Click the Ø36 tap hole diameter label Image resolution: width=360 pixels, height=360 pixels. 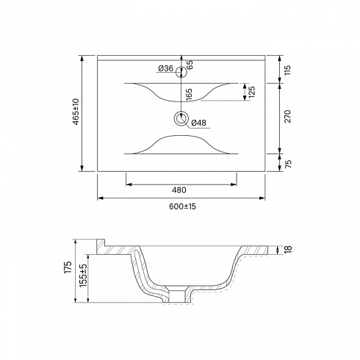point(166,68)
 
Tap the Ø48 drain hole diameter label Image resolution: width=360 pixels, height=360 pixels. point(198,123)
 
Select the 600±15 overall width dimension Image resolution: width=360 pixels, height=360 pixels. point(182,206)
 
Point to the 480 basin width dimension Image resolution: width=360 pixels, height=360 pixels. point(179,190)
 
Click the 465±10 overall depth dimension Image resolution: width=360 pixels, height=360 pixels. point(76,112)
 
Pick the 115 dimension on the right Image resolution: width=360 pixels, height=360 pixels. point(288,70)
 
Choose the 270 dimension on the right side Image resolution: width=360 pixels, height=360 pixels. point(288,116)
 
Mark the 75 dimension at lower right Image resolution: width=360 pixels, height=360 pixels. point(289,163)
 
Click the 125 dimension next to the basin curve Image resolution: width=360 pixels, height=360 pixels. point(252,92)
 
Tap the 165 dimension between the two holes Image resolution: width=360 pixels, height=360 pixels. point(189,94)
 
